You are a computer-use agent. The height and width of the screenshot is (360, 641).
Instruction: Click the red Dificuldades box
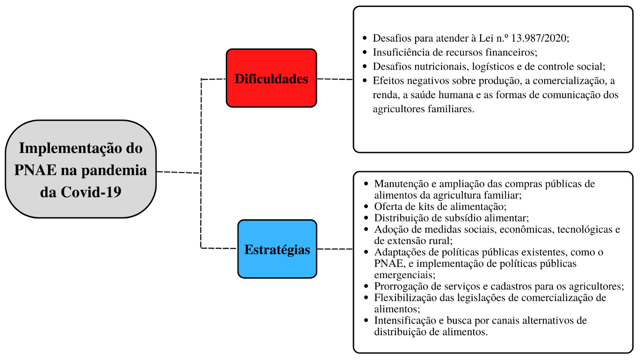pyautogui.click(x=271, y=79)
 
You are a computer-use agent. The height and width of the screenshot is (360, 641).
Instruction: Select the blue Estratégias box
pyautogui.click(x=277, y=249)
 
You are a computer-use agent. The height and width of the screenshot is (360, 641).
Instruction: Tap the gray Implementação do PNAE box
pyautogui.click(x=80, y=169)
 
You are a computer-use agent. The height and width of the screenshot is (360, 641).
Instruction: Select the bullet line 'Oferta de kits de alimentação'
pyautogui.click(x=440, y=206)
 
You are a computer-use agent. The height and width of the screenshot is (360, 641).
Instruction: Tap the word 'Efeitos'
pyautogui.click(x=388, y=81)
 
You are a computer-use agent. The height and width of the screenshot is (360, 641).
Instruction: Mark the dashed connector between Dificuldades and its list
pyautogui.click(x=335, y=79)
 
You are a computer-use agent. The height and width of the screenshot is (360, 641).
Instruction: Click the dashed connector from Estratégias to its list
pyautogui.click(x=335, y=249)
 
